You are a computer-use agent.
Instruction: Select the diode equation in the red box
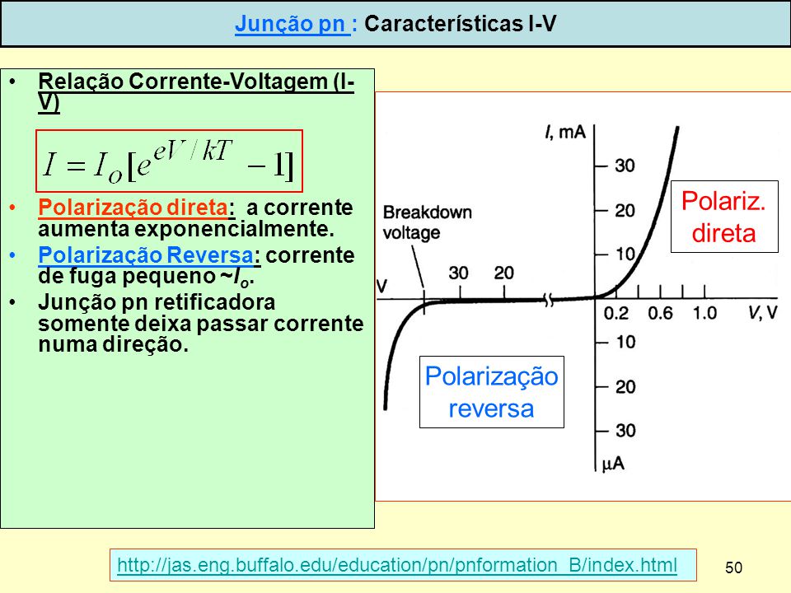click(169, 161)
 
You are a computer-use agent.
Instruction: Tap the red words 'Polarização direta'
click(133, 208)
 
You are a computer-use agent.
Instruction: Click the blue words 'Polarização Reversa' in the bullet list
click(146, 254)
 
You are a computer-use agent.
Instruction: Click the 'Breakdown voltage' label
click(428, 222)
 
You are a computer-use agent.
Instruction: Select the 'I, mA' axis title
click(565, 132)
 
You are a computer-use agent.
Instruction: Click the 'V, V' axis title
click(763, 313)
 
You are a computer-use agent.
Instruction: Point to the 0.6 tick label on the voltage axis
click(660, 313)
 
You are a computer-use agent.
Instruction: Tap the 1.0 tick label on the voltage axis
click(704, 313)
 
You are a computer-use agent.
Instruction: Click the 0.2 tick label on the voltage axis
click(616, 313)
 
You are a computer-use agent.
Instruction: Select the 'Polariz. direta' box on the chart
click(724, 217)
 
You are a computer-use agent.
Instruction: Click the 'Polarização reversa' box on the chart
click(492, 392)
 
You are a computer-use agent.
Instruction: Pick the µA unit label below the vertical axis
click(613, 464)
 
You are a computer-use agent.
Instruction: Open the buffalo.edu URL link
click(397, 565)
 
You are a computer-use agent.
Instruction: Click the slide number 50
click(733, 567)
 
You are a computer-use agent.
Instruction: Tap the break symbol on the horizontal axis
click(549, 300)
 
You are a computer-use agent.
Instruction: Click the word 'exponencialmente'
click(234, 229)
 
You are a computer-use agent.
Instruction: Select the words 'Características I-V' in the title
click(460, 24)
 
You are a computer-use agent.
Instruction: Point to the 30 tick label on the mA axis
click(625, 166)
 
